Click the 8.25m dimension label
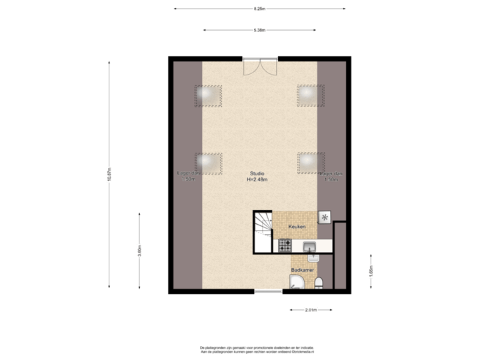(x=259, y=9)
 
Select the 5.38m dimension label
(x=259, y=30)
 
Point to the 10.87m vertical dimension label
(x=109, y=175)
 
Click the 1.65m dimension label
(x=371, y=271)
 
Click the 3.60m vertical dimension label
(x=139, y=251)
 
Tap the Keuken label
(x=297, y=227)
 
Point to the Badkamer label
(x=301, y=270)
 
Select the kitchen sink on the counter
(x=310, y=247)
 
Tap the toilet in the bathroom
(x=320, y=283)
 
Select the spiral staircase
(x=263, y=231)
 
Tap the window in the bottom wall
(x=268, y=291)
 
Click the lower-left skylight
(x=209, y=162)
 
